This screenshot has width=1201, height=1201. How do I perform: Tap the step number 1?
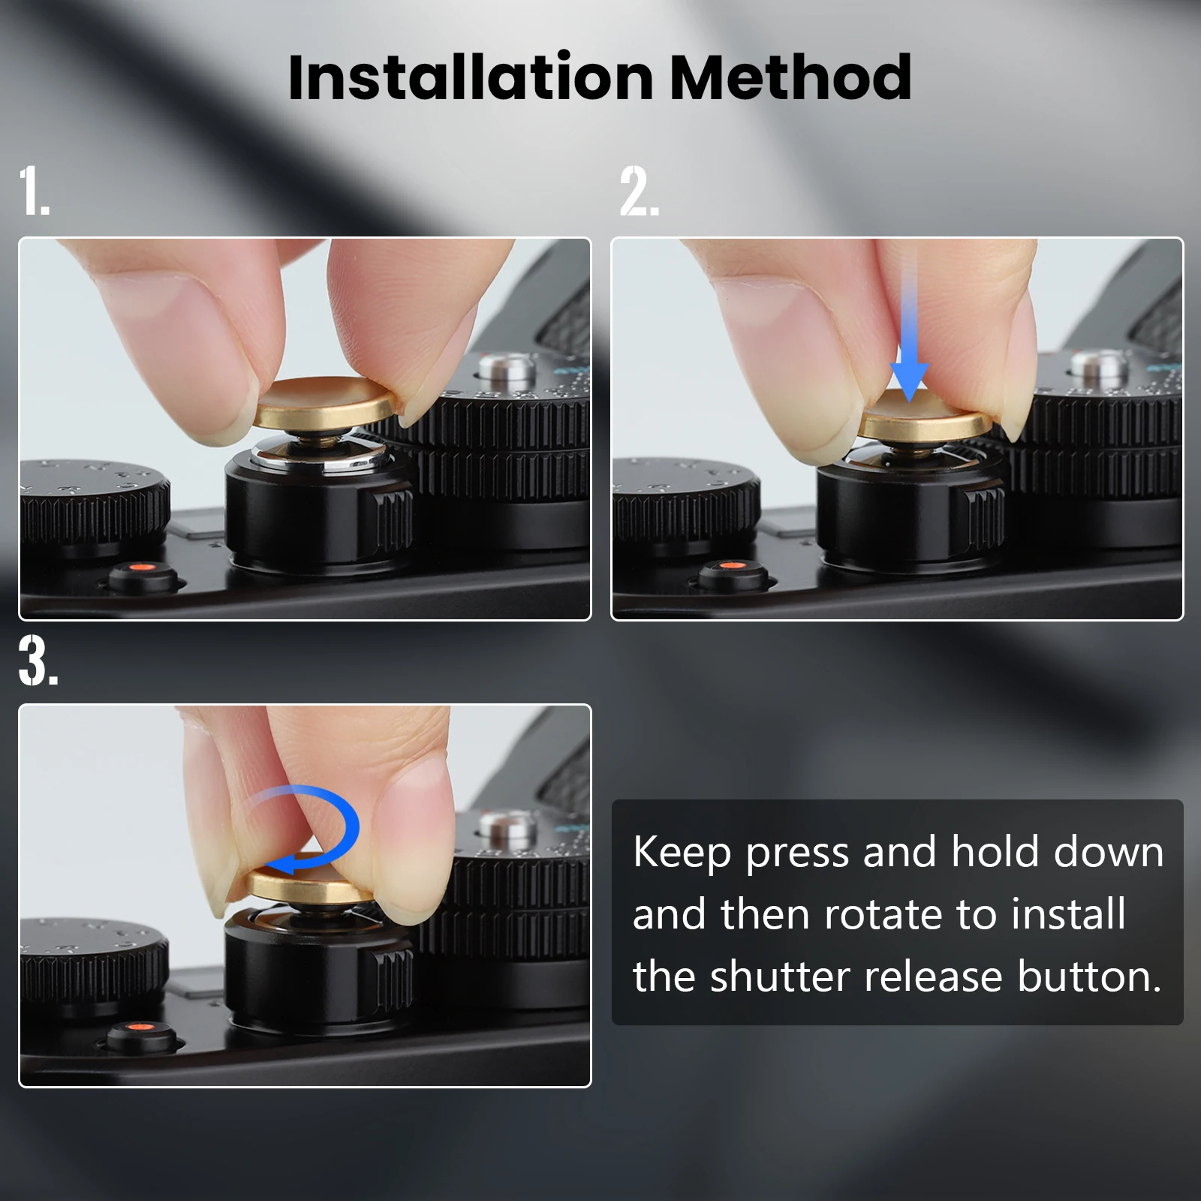35,191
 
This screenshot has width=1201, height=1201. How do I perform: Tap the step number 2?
640,191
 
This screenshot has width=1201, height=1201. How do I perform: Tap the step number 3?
38,661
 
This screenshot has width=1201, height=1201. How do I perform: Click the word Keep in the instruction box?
682,853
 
